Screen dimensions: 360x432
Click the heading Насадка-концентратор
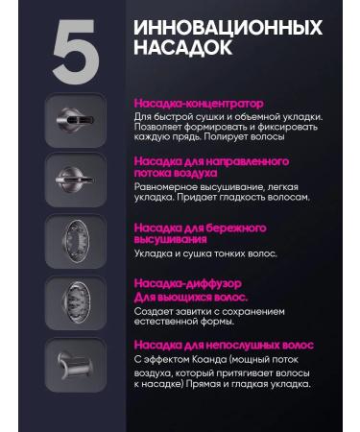[198, 103]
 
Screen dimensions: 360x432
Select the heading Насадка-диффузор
[187, 285]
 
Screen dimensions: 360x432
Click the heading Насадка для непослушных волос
[224, 345]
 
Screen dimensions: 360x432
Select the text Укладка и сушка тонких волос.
[204, 253]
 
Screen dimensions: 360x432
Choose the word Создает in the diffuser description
[154, 312]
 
